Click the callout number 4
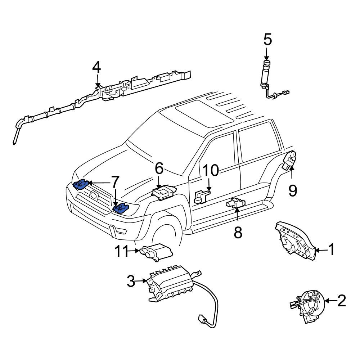click(96, 67)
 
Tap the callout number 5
click(268, 39)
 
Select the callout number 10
click(211, 170)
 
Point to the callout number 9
click(293, 190)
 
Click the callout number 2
click(342, 301)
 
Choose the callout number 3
click(131, 281)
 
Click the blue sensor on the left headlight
click(81, 184)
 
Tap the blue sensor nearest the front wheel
click(121, 208)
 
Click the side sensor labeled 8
click(235, 202)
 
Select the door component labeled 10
click(202, 197)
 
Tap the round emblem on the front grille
click(94, 195)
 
